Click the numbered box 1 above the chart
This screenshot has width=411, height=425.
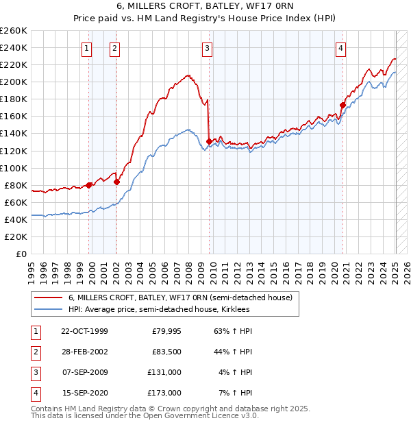click(87, 48)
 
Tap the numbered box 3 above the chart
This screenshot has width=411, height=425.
click(206, 48)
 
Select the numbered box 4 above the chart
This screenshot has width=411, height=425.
click(340, 48)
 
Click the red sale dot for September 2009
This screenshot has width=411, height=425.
click(208, 141)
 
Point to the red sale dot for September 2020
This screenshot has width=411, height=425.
click(342, 105)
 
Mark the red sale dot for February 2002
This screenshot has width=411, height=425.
click(116, 182)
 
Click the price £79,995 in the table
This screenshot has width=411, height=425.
click(166, 331)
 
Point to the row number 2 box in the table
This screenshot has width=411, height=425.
click(34, 352)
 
